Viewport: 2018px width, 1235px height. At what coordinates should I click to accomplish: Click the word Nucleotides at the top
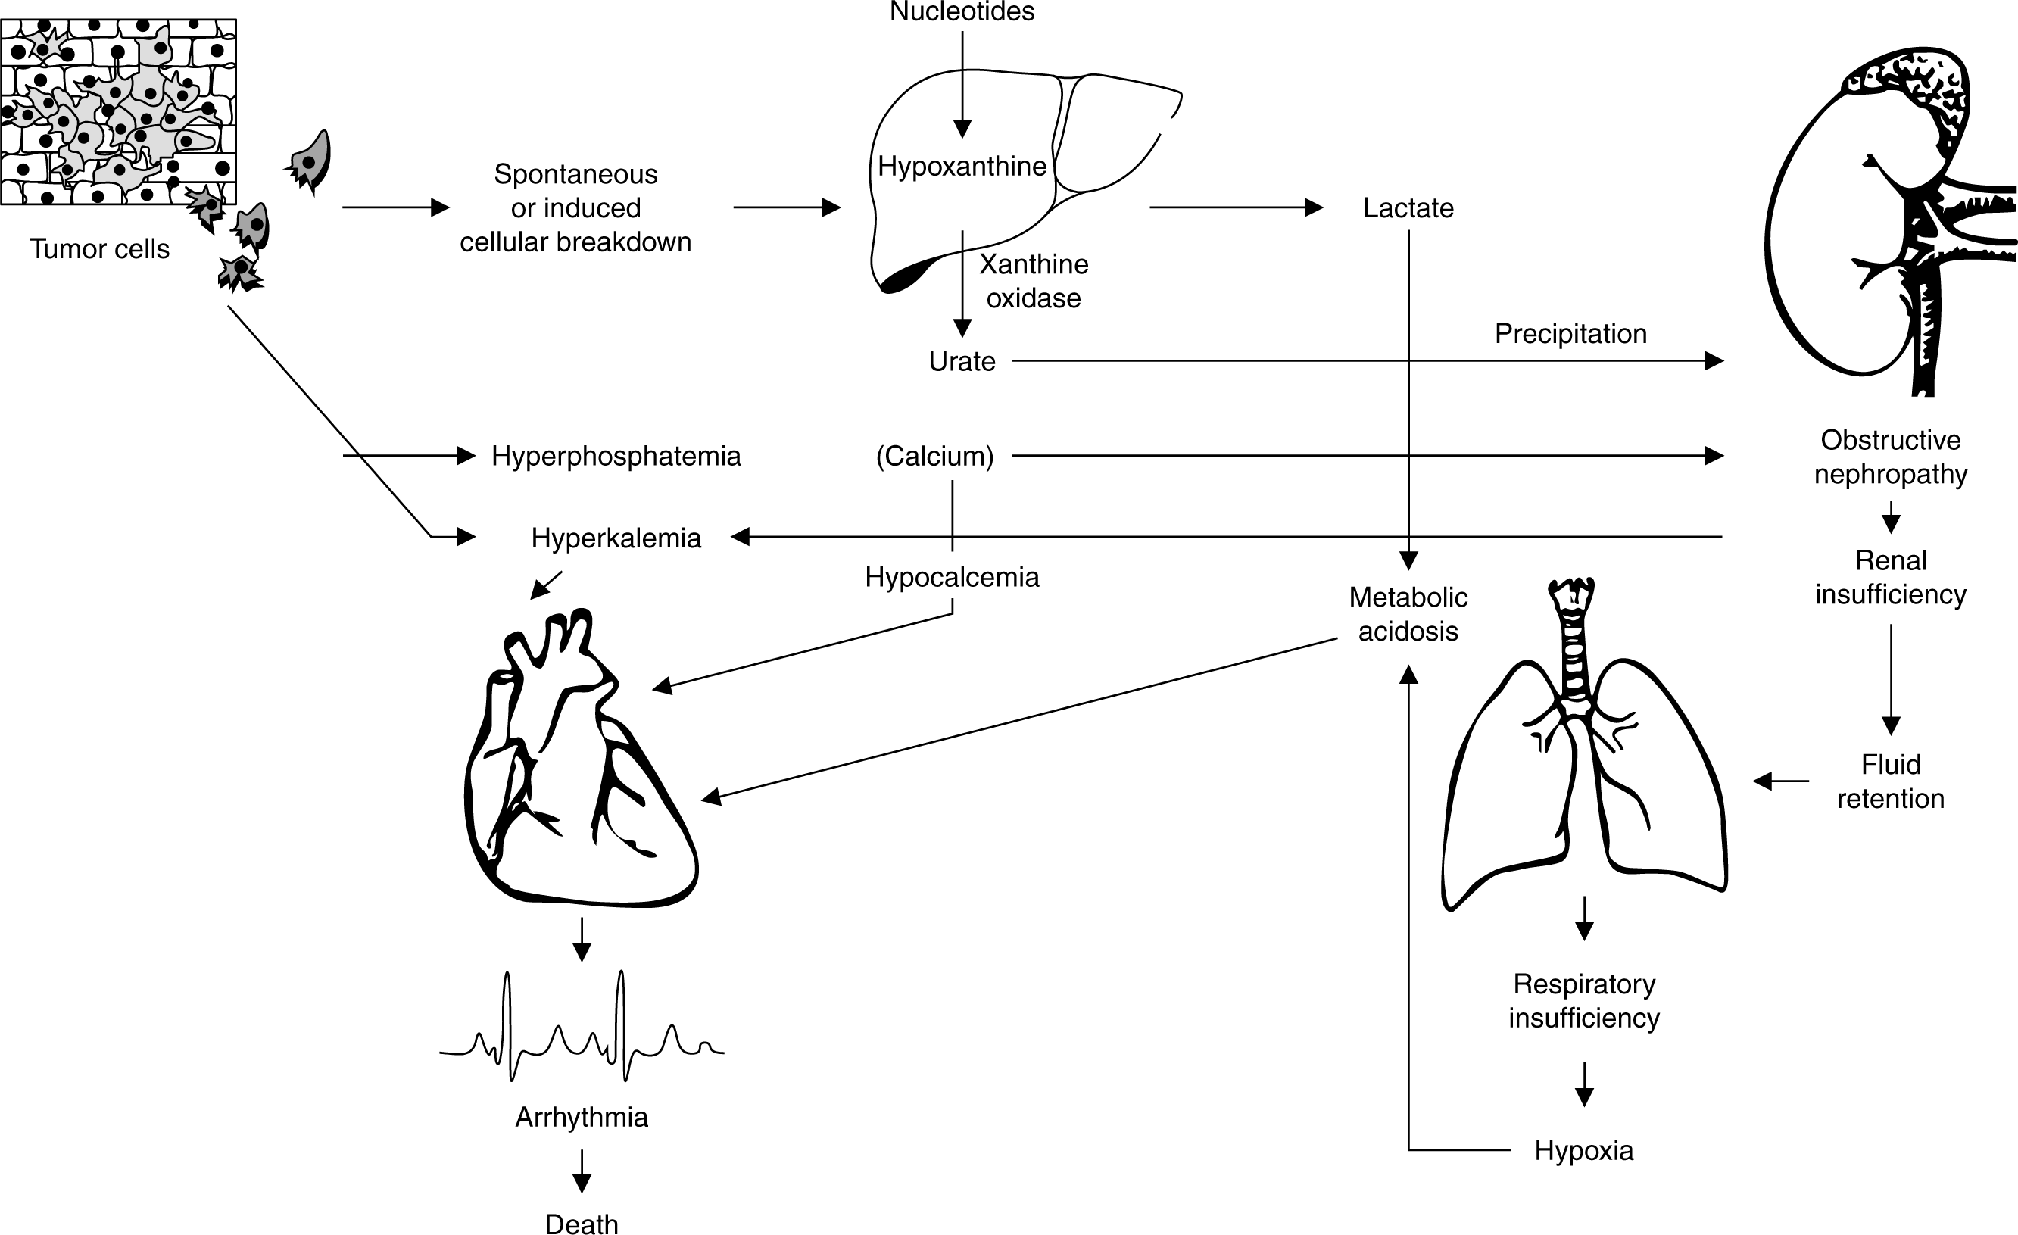click(x=962, y=11)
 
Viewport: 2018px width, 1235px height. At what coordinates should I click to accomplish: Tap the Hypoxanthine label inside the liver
click(x=962, y=167)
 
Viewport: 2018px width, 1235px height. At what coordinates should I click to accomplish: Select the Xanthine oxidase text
click(x=1033, y=281)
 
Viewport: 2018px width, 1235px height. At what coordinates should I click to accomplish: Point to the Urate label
click(x=962, y=361)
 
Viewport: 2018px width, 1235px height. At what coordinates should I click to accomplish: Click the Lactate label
click(x=1408, y=208)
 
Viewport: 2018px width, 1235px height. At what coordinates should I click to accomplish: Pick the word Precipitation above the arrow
click(x=1570, y=333)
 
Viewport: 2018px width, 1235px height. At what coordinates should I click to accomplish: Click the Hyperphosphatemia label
click(x=616, y=456)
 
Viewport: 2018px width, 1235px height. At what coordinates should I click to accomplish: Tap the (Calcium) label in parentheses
click(x=934, y=456)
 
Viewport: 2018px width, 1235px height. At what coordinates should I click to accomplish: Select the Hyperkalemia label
click(x=616, y=538)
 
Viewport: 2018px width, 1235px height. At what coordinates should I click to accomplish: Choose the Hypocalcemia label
click(x=952, y=578)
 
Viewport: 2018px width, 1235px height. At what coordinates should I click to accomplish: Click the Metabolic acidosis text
click(x=1408, y=614)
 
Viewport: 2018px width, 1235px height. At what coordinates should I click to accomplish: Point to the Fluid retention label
click(x=1890, y=781)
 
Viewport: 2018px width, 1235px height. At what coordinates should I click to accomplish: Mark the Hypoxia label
click(x=1583, y=1151)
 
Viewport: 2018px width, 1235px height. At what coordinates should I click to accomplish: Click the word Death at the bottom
click(x=582, y=1224)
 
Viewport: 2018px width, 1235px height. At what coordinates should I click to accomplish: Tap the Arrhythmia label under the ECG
click(x=582, y=1117)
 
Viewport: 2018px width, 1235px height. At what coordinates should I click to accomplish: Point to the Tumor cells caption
click(x=100, y=249)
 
